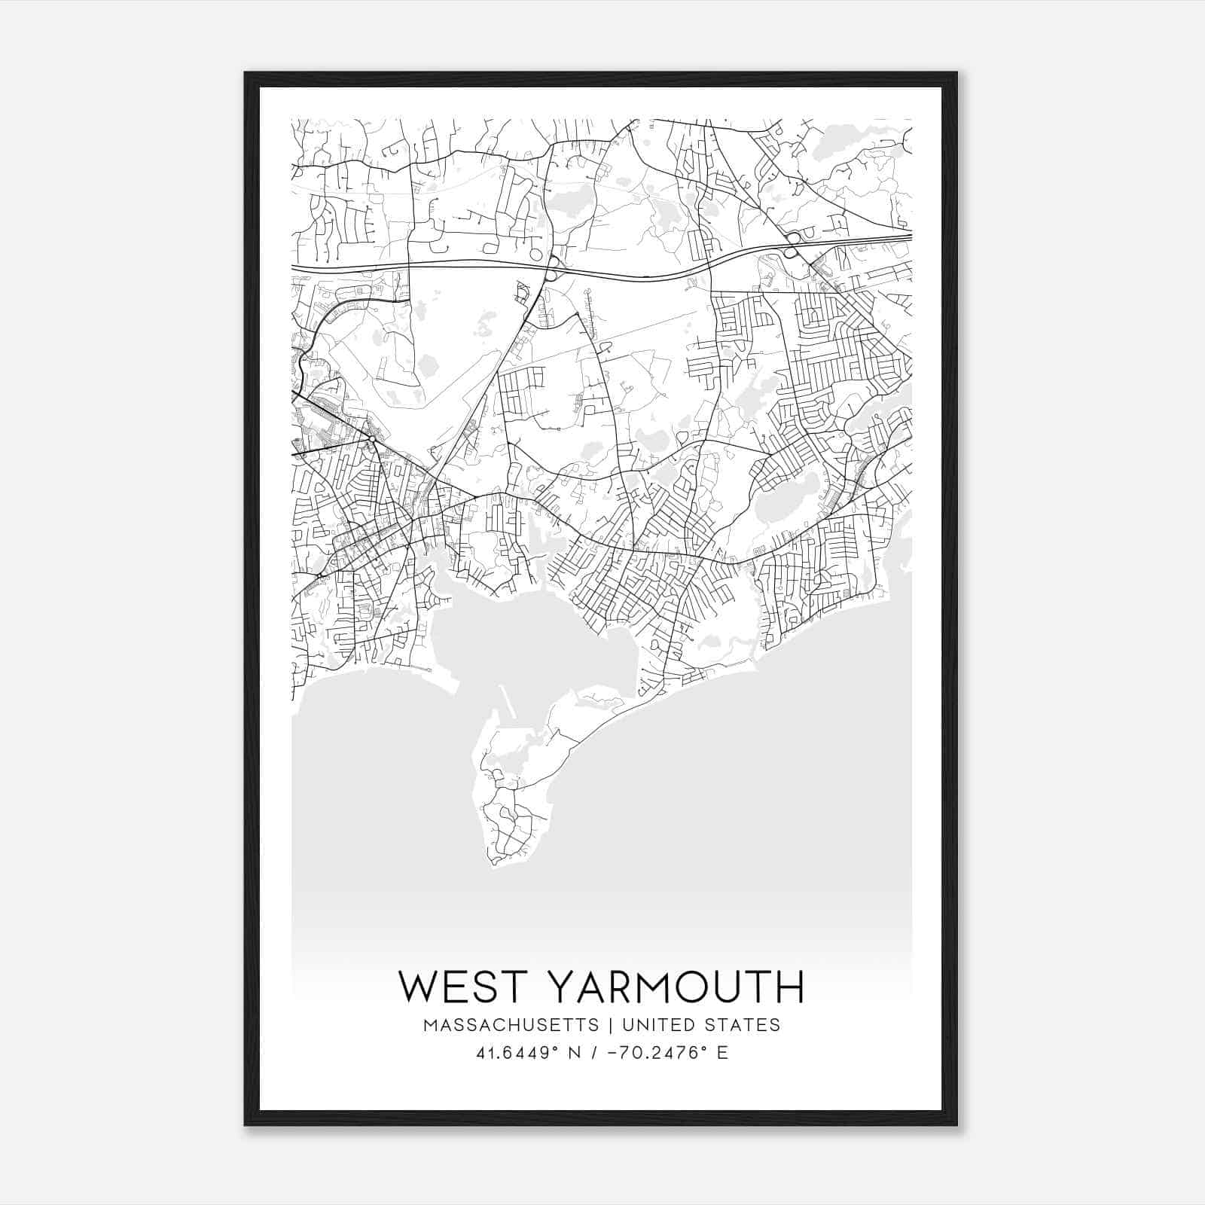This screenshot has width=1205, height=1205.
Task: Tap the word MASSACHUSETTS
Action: pos(511,1025)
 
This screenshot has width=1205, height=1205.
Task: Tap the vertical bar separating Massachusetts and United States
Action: pos(607,1025)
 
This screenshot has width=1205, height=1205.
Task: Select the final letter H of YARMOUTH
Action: pos(789,987)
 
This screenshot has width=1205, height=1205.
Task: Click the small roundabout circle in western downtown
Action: pos(371,439)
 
